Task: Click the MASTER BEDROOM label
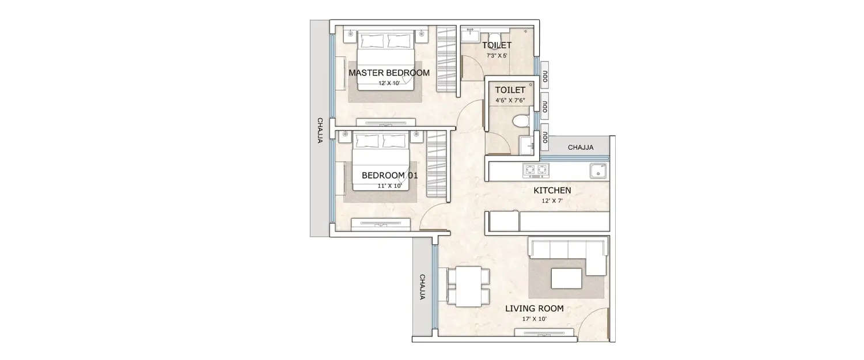pos(389,73)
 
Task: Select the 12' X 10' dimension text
pos(389,84)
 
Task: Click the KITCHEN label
pos(552,190)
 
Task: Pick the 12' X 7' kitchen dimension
pos(552,200)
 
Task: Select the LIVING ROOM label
pos(534,309)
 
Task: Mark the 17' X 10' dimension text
pos(534,319)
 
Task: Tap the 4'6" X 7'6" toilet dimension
pos(510,100)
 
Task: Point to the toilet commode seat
pos(520,122)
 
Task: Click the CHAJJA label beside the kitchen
pos(581,147)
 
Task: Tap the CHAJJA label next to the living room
pos(422,287)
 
